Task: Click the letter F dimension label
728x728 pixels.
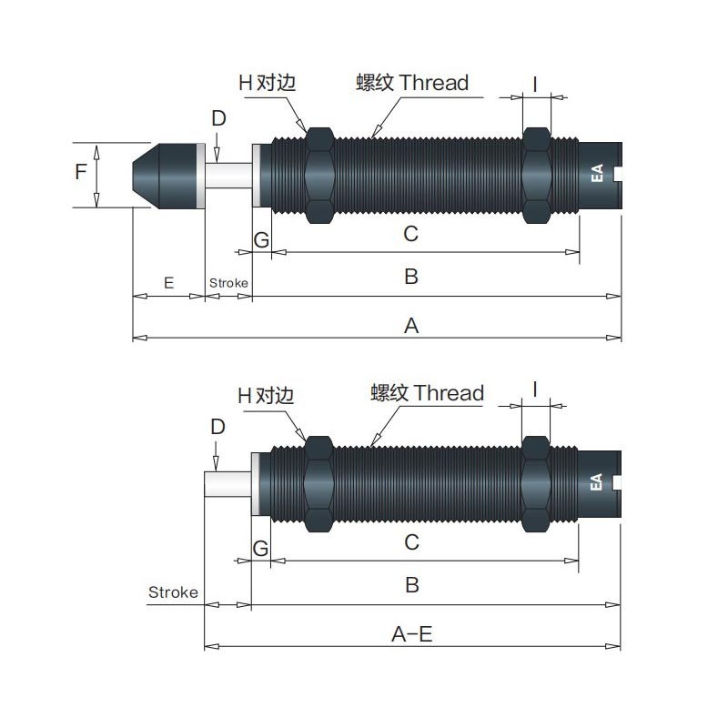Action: coord(81,172)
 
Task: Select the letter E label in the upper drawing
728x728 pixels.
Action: coord(168,283)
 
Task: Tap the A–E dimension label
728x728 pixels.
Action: coord(412,633)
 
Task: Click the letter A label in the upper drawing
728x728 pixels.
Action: coord(411,326)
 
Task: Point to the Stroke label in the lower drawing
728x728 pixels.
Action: coord(173,592)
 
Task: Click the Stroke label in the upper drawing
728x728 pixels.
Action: coord(228,283)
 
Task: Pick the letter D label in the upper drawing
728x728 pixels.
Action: coord(218,118)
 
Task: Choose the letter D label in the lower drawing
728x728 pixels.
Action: coord(217,426)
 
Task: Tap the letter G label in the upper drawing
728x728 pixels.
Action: coord(261,240)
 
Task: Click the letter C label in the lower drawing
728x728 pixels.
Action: coord(412,541)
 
